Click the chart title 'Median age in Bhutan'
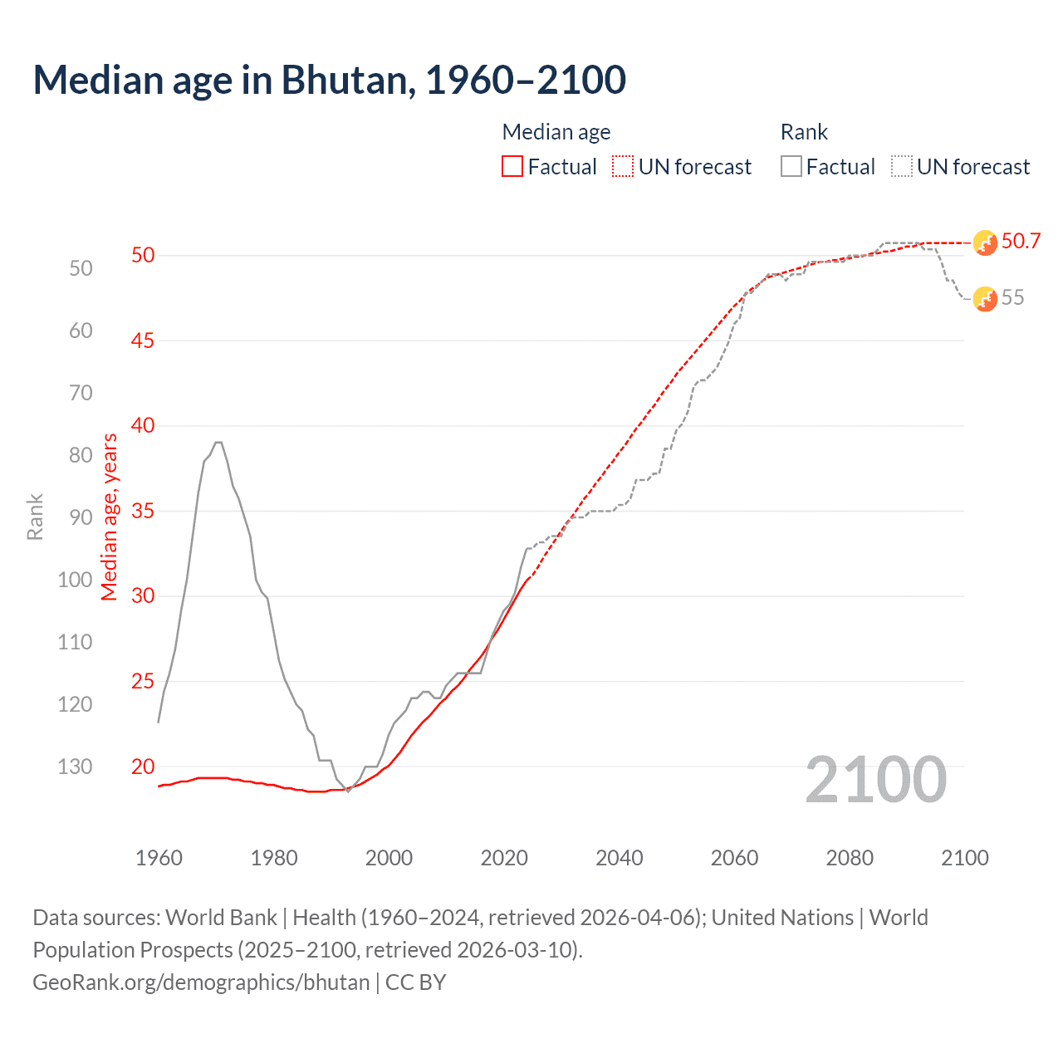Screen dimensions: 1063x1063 click(x=329, y=80)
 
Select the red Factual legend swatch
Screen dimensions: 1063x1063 click(x=512, y=167)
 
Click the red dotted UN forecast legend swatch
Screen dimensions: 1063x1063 click(x=623, y=167)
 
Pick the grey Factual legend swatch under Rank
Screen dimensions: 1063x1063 click(x=791, y=167)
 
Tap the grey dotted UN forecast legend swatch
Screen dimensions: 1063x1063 click(x=902, y=167)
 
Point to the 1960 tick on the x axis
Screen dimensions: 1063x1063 click(x=159, y=858)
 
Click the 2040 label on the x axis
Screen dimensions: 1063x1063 click(x=620, y=858)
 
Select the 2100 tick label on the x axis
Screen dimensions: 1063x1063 click(x=964, y=858)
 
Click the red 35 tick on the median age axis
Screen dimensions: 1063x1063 click(x=143, y=511)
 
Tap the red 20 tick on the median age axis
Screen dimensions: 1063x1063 click(x=143, y=767)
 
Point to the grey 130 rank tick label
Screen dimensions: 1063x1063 click(x=75, y=767)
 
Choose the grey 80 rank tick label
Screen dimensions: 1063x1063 click(x=81, y=455)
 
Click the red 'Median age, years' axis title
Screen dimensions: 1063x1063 click(x=110, y=517)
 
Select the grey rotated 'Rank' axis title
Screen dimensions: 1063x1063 click(x=35, y=517)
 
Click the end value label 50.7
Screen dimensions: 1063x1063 click(x=1021, y=242)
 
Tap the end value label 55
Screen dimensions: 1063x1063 click(x=1012, y=298)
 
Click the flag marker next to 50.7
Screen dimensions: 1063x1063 click(x=985, y=242)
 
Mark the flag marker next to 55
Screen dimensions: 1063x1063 click(x=985, y=299)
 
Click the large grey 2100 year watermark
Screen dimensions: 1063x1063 click(x=875, y=780)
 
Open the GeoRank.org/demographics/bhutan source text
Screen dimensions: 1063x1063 click(x=201, y=982)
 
